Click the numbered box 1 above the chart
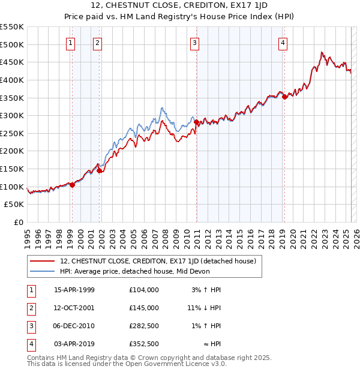click(x=71, y=43)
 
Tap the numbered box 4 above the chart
click(x=282, y=43)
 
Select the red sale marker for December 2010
click(x=196, y=122)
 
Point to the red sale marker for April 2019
click(x=284, y=97)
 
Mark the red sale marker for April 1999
click(x=72, y=185)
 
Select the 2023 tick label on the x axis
click(x=324, y=236)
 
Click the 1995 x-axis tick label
click(x=28, y=236)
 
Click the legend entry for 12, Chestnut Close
click(x=157, y=261)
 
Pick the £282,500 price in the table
click(x=144, y=326)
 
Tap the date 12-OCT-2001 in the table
click(x=74, y=308)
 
